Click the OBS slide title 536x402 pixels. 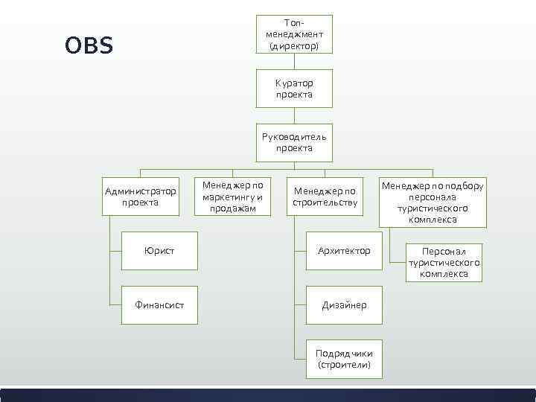(x=89, y=46)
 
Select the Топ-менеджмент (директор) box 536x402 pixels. (x=294, y=34)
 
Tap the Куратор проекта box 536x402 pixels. (x=294, y=89)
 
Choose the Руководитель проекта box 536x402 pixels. (x=294, y=142)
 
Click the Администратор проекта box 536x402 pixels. (x=141, y=197)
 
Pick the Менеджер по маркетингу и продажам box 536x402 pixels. (x=233, y=196)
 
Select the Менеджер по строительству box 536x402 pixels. (x=325, y=197)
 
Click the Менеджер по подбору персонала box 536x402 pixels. (x=433, y=202)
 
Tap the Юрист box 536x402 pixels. (x=159, y=250)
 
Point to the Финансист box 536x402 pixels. (x=159, y=304)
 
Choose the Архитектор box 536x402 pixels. (x=344, y=250)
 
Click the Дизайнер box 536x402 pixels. (x=344, y=304)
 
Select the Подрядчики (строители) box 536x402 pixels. (x=344, y=359)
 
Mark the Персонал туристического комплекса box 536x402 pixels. (x=444, y=263)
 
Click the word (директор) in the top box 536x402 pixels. (x=294, y=45)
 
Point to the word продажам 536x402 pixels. (x=233, y=208)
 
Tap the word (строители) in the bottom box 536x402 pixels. (x=344, y=365)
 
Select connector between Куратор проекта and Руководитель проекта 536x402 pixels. (x=294, y=115)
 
